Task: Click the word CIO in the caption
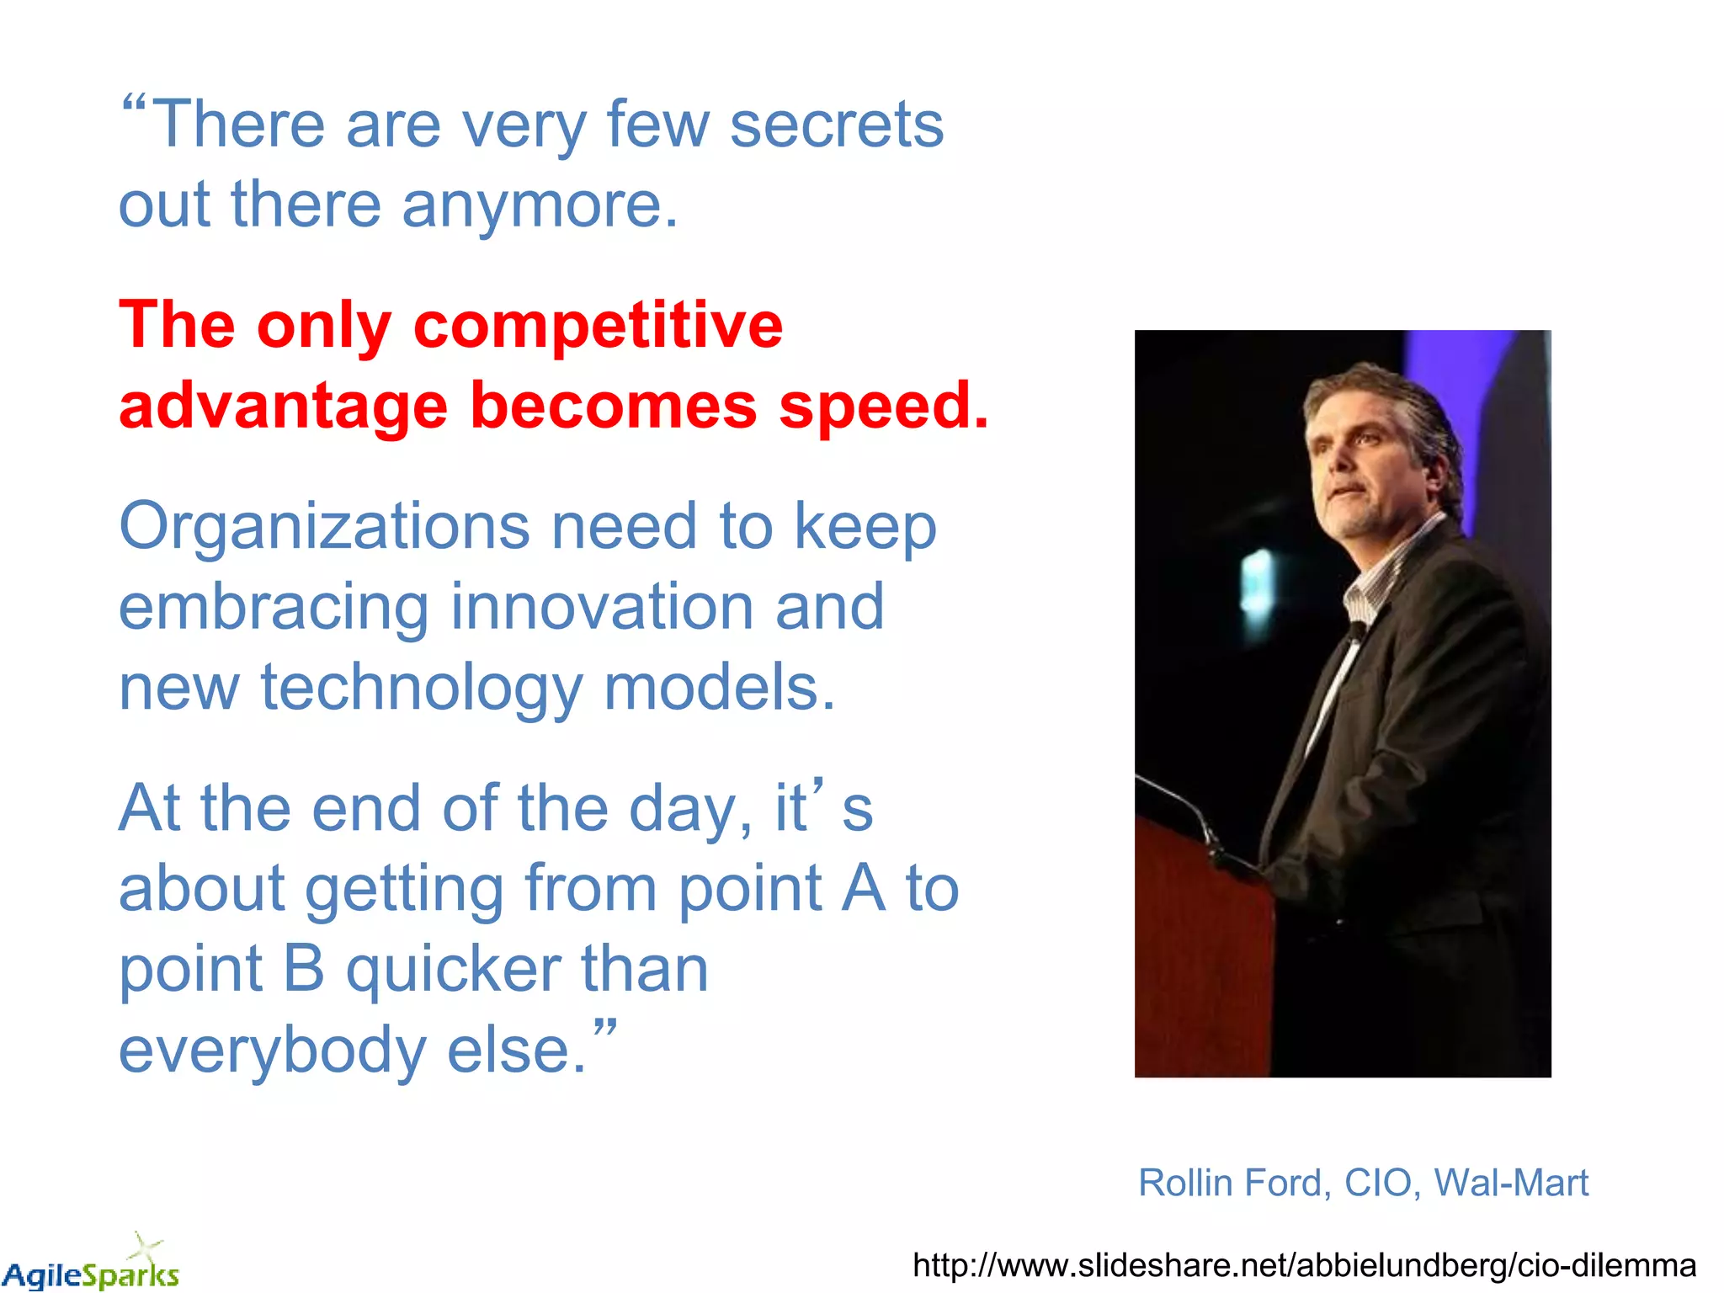[x=1378, y=1183]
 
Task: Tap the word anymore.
[x=539, y=205]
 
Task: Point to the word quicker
[x=453, y=970]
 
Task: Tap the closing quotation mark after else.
[x=604, y=1028]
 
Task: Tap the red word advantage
[x=283, y=407]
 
